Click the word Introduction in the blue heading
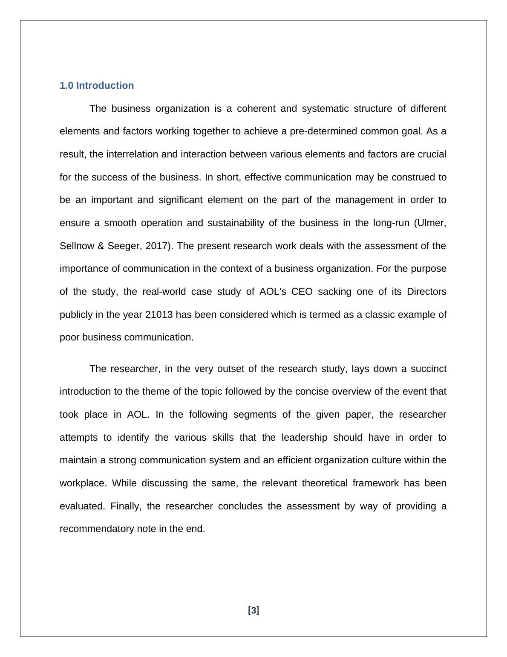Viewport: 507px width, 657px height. click(x=105, y=86)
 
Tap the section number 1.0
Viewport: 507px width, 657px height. click(x=66, y=86)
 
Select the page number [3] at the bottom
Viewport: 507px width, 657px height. click(x=253, y=610)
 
